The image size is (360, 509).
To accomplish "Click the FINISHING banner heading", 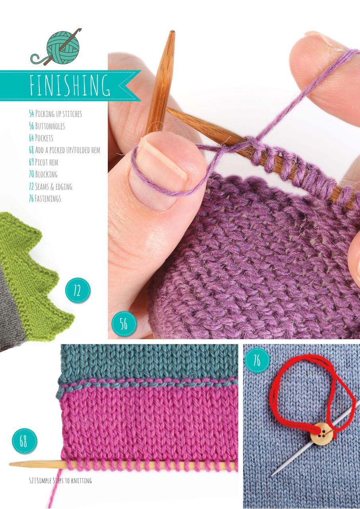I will click(x=70, y=84).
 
